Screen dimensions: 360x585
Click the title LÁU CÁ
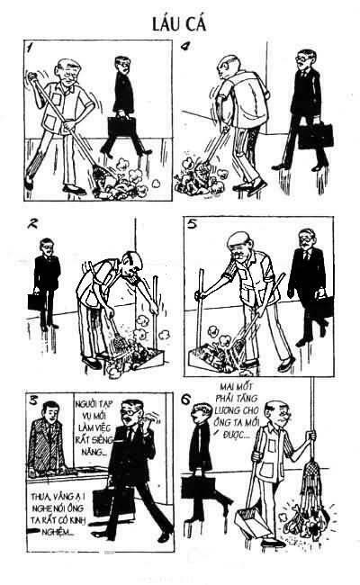(x=179, y=24)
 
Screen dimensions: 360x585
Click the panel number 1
(x=31, y=48)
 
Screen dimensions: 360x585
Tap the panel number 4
(x=185, y=46)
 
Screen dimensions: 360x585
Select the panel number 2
(x=33, y=223)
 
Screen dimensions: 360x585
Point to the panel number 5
(x=193, y=225)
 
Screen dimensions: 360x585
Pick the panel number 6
(x=185, y=400)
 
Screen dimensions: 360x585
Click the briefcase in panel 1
(x=121, y=127)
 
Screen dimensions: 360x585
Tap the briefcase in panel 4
(x=315, y=135)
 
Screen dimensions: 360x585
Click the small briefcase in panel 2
(x=36, y=301)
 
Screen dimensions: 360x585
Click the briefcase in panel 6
(x=198, y=487)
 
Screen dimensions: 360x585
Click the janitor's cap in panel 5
(x=238, y=238)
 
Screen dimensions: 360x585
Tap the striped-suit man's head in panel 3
(x=50, y=409)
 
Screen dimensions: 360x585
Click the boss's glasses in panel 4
(x=302, y=58)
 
